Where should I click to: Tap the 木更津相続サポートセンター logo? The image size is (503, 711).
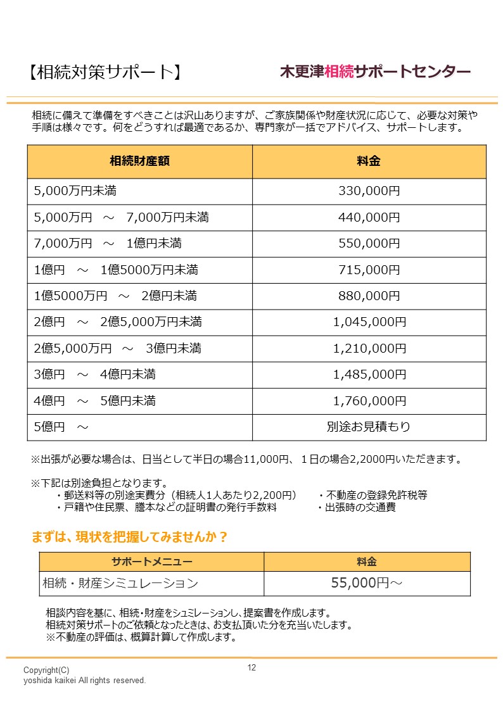click(375, 72)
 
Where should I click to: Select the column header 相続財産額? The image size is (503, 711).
click(139, 161)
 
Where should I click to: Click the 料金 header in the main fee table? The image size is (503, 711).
click(369, 161)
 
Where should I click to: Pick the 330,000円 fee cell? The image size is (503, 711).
click(369, 191)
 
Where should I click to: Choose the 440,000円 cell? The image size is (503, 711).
click(369, 218)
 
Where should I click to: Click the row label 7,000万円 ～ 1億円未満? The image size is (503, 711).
click(108, 244)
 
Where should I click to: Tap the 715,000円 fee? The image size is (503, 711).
click(369, 270)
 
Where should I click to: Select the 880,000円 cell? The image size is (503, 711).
click(369, 296)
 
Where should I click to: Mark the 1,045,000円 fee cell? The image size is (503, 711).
click(369, 322)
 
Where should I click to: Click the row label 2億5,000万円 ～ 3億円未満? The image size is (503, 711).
click(118, 348)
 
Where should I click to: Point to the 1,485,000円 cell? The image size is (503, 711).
click(369, 375)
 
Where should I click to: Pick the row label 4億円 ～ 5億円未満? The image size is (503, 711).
click(94, 401)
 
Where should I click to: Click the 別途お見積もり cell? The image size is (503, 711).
click(369, 427)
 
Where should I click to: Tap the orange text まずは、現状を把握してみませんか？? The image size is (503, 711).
click(130, 538)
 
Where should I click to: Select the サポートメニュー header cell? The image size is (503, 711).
click(151, 562)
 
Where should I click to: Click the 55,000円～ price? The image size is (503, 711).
click(367, 583)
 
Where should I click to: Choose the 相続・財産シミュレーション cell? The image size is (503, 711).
click(120, 583)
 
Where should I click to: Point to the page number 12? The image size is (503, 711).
click(251, 668)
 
